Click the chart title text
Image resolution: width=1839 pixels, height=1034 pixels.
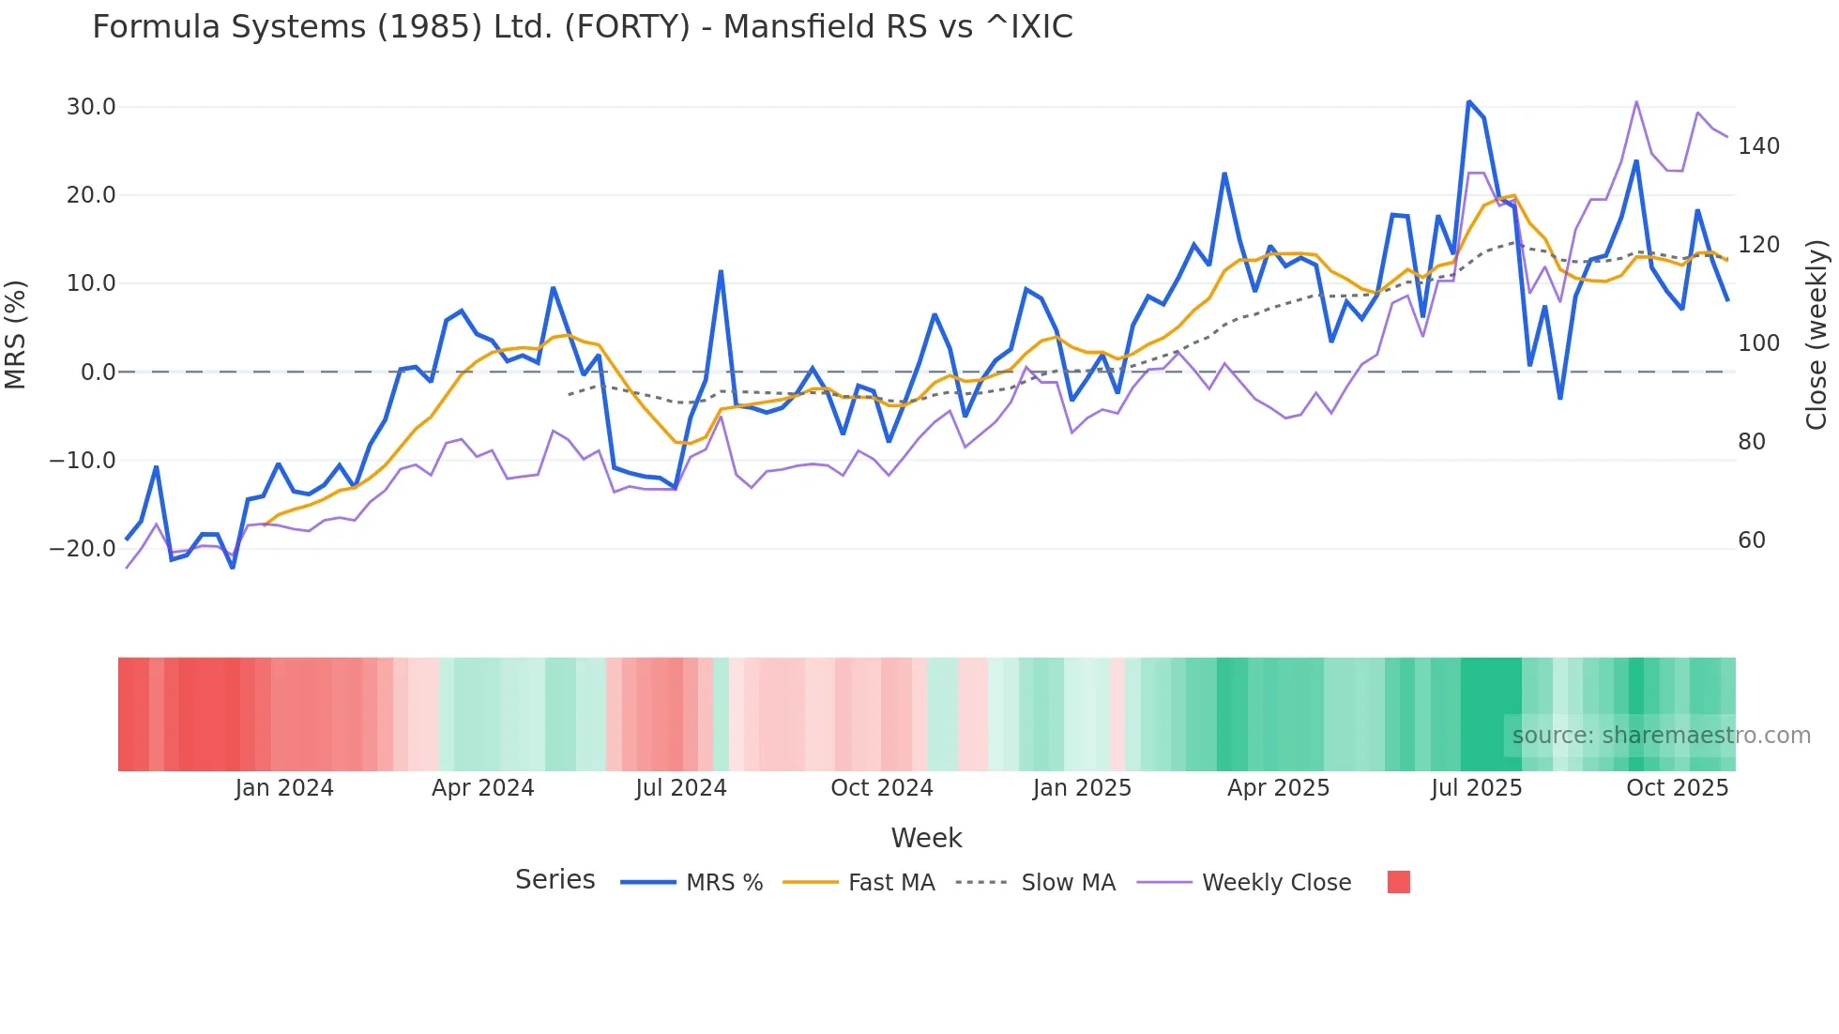582,27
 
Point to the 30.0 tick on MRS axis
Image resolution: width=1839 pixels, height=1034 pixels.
91,107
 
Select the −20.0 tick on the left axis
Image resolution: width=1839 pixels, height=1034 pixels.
83,549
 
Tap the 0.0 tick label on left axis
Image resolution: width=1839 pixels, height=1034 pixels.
99,373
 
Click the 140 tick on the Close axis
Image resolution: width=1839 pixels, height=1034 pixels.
1758,146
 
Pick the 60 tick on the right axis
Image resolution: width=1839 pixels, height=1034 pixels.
1752,540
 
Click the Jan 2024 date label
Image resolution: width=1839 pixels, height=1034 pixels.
283,788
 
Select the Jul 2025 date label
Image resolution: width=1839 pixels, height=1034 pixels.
1476,788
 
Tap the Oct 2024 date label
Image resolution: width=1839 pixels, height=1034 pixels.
881,788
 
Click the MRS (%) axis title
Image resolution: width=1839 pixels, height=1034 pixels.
16,334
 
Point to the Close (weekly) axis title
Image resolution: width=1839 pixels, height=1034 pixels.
1816,334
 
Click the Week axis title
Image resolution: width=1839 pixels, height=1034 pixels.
926,838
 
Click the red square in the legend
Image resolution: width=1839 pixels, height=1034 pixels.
1398,882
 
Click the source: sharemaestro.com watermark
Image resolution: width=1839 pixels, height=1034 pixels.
1661,736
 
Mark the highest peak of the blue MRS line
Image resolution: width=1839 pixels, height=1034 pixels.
1468,101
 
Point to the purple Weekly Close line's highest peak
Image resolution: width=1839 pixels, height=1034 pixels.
1636,101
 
